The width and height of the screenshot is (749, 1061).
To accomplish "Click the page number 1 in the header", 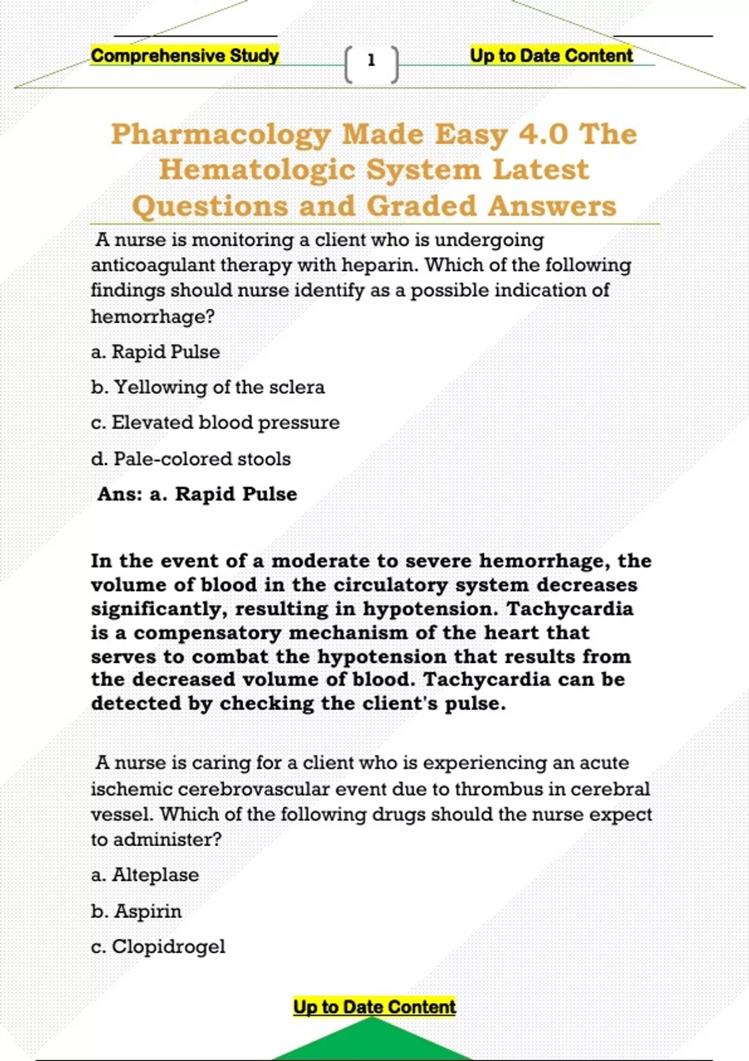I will tap(371, 61).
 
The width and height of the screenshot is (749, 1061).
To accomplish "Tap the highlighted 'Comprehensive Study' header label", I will tap(185, 56).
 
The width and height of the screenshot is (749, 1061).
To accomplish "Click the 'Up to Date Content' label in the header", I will tap(551, 56).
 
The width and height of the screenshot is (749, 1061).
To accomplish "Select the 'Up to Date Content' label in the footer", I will tap(374, 1007).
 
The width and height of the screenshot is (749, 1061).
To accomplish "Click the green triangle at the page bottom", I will tap(372, 1041).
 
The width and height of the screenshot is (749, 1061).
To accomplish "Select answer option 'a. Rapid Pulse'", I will tap(155, 352).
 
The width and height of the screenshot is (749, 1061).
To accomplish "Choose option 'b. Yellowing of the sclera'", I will tap(208, 388).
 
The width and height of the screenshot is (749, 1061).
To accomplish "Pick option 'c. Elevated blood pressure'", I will tap(215, 423).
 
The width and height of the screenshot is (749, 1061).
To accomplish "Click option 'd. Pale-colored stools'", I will tap(191, 459).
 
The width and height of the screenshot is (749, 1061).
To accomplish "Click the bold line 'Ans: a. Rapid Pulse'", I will tap(197, 494).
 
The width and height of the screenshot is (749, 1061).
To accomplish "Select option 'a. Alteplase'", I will tap(145, 875).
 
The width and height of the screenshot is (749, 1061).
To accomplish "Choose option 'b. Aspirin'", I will tap(136, 911).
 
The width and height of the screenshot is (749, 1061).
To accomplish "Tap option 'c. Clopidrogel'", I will tap(158, 947).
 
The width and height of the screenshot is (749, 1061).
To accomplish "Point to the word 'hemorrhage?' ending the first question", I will tap(153, 317).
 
